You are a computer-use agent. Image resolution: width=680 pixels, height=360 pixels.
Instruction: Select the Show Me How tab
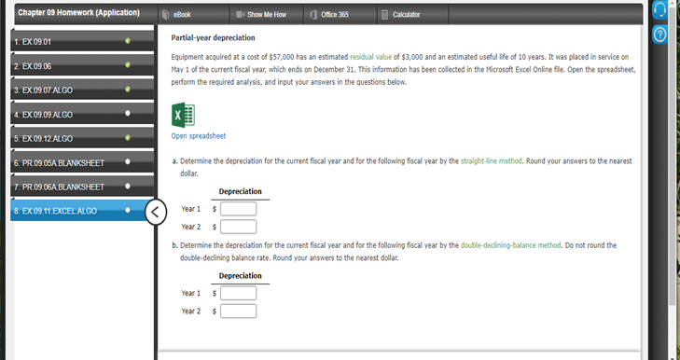coord(262,15)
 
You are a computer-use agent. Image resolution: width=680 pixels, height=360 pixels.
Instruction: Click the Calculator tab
coord(401,15)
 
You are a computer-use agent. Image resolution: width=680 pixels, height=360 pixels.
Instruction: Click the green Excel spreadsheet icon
coord(183,115)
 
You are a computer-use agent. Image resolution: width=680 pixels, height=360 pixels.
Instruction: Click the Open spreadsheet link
coord(199,136)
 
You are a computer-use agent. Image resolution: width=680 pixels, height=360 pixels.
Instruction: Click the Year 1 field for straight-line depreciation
coord(238,209)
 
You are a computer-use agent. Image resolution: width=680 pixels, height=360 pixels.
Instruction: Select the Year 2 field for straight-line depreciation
coord(238,226)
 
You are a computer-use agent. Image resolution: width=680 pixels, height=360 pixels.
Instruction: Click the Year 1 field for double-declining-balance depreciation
coord(238,293)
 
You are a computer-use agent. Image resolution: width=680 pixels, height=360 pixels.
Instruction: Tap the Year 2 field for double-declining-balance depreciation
coord(238,310)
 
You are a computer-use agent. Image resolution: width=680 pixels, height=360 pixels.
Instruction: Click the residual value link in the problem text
coord(372,58)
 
